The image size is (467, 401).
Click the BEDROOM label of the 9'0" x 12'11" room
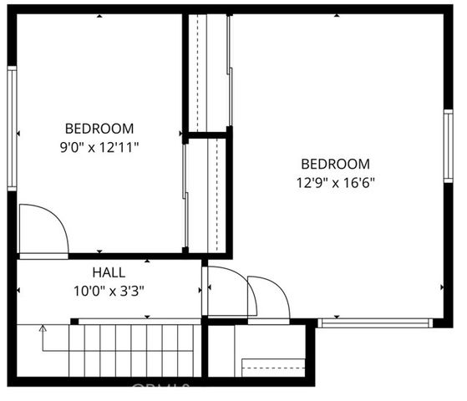99,129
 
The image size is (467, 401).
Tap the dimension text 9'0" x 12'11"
99,148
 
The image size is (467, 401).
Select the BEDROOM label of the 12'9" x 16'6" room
335,164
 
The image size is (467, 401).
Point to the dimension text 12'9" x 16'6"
335,183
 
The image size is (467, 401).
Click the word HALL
109,272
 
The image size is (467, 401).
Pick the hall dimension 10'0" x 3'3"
109,292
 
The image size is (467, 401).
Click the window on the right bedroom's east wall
448,146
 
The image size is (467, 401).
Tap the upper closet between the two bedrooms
207,74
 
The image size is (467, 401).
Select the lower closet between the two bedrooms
207,194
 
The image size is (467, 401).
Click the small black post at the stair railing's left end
74,321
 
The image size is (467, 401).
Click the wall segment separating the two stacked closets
207,134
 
